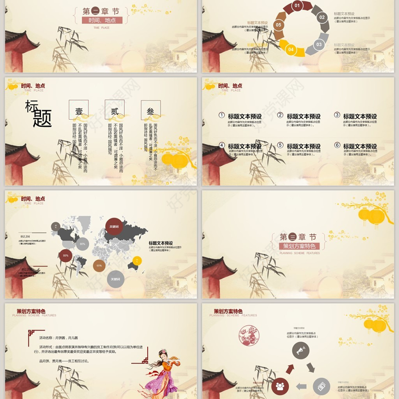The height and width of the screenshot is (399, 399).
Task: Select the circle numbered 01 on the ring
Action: click(297, 6)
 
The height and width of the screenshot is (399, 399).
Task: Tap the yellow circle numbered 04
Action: click(291, 49)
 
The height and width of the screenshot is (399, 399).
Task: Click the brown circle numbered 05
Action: click(278, 24)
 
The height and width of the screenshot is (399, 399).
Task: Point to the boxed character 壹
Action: click(78, 110)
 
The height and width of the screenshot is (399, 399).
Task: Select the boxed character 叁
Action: click(150, 110)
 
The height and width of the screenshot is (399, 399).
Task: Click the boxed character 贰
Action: click(115, 110)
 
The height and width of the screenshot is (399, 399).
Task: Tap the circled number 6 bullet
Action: click(337, 145)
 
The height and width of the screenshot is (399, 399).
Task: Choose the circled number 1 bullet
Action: click(221, 115)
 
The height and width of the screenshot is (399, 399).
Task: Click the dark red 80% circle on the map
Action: click(65, 256)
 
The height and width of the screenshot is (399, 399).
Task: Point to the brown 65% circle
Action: click(99, 266)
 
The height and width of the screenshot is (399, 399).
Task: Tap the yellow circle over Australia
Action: click(137, 260)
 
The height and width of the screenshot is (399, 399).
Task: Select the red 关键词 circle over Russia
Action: click(114, 227)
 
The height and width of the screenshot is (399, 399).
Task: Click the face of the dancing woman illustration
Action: click(161, 356)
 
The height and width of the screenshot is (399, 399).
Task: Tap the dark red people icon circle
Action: click(279, 386)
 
